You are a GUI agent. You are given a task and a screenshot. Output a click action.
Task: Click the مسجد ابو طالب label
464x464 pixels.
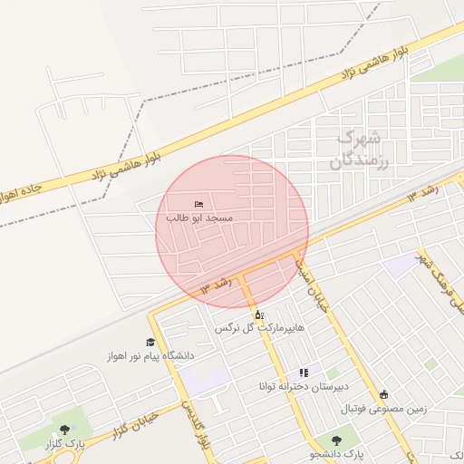point(199,218)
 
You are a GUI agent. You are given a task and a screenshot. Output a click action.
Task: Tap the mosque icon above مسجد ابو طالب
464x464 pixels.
point(199,204)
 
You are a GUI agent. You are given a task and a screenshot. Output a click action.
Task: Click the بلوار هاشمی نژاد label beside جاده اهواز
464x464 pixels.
point(126,163)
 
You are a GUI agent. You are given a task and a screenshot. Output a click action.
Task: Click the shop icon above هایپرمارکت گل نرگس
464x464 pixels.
point(257,314)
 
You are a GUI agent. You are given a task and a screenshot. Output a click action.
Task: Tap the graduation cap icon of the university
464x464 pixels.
point(150,343)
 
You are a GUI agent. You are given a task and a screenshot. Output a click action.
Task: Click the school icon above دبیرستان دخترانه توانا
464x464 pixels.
point(304,372)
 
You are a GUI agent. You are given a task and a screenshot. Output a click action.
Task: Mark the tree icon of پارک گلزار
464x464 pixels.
point(64,430)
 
